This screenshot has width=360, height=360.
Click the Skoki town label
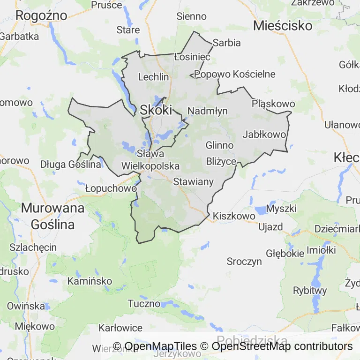[x=156, y=110]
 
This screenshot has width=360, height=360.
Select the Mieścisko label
[x=283, y=25]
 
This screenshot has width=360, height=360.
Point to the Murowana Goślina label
[x=53, y=216]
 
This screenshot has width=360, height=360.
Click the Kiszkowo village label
[x=234, y=216]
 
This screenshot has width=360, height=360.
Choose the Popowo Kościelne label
[x=235, y=74]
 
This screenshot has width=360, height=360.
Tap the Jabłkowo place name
[x=264, y=135]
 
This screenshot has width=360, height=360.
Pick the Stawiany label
[x=193, y=181]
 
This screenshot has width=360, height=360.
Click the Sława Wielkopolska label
[x=150, y=159]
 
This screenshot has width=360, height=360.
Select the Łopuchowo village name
[x=111, y=188]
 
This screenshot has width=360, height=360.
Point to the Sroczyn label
[x=244, y=261]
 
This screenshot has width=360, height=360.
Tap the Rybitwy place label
[x=310, y=290]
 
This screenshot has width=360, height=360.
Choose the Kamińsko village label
[x=90, y=281]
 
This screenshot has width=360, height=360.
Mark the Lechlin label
[x=153, y=77]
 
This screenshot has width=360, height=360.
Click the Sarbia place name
[x=226, y=43]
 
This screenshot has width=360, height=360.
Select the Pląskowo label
[x=273, y=104]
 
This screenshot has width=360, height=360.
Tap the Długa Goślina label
[x=71, y=164]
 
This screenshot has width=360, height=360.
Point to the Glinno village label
[x=219, y=145]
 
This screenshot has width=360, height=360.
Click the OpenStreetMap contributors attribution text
[x=282, y=346]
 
